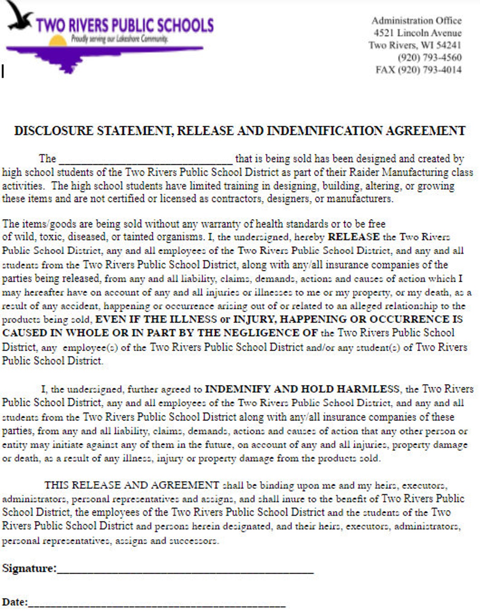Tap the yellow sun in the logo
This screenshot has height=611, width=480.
[58, 41]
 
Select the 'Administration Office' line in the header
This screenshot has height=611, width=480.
[416, 21]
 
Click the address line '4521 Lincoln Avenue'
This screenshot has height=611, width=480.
[417, 33]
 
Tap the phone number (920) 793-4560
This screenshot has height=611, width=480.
[430, 57]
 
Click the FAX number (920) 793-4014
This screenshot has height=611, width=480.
[430, 70]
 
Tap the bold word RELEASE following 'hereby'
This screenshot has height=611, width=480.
[353, 237]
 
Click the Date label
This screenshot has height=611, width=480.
[15, 602]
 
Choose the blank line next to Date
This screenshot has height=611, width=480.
[157, 604]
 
